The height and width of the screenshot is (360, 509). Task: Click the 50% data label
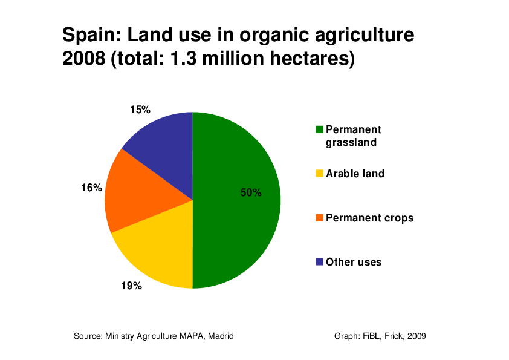pos(251,192)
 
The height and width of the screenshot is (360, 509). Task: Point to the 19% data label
pos(131,286)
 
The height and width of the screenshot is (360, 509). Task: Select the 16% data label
pos(91,188)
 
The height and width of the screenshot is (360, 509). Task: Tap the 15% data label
pos(140,110)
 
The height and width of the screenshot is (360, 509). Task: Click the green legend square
pos(319,129)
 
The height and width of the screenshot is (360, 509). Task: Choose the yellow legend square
pos(319,174)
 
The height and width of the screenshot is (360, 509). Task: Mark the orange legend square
pos(319,218)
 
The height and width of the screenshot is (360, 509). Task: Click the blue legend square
pos(319,262)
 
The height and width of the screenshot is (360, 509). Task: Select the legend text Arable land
pos(355,174)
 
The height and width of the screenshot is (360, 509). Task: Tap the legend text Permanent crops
pos(370,218)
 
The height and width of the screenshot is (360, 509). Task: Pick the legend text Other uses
pos(354,262)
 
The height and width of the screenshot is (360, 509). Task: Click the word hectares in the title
pos(313,59)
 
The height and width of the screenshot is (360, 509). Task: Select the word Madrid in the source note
pos(221,336)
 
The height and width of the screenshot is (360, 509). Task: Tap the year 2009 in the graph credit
pos(417,336)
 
